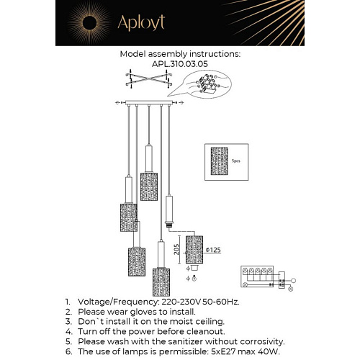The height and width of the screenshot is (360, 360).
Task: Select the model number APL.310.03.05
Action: (x=180, y=63)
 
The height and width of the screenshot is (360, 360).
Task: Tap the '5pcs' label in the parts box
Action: (x=235, y=162)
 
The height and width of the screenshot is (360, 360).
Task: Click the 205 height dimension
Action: (x=178, y=249)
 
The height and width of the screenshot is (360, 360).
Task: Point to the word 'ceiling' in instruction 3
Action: (x=205, y=321)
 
